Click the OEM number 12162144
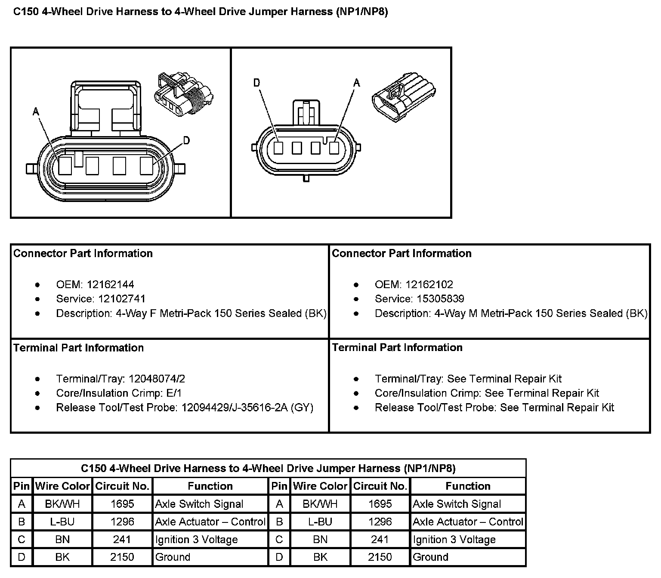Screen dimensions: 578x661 point(110,285)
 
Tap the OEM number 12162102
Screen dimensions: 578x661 point(429,285)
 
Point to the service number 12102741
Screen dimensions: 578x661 point(122,299)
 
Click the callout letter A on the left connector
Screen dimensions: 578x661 point(36,112)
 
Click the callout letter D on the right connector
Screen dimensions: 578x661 point(257,83)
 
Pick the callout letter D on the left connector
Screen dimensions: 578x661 point(186,140)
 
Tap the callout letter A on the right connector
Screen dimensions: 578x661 point(356,83)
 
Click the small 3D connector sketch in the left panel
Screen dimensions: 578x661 point(184,94)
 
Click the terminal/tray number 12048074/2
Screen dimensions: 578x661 point(156,379)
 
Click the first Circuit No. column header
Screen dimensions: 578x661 point(122,486)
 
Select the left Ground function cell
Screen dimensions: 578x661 point(173,557)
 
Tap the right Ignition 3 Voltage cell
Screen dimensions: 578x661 point(454,540)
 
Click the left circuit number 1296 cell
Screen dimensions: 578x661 point(122,522)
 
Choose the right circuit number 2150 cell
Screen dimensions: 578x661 point(380,557)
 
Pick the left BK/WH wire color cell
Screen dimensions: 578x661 point(62,504)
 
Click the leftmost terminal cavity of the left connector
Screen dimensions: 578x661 point(65,165)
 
